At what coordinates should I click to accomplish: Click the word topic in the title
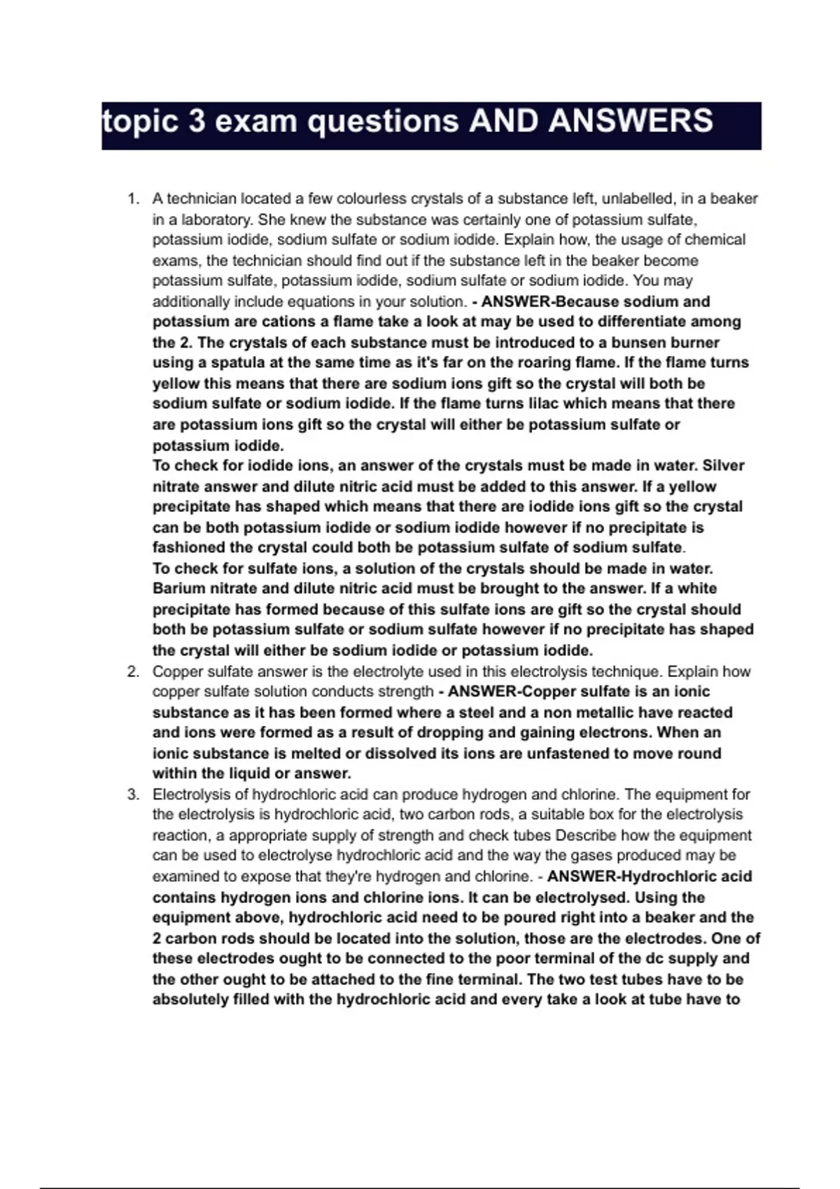point(139,121)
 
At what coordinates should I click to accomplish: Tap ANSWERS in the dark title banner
point(631,121)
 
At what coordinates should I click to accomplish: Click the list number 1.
point(132,199)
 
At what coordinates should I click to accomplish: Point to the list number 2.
point(132,671)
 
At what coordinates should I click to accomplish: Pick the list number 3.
point(132,795)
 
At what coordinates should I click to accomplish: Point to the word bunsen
point(638,343)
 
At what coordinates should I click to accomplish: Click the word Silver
point(723,466)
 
